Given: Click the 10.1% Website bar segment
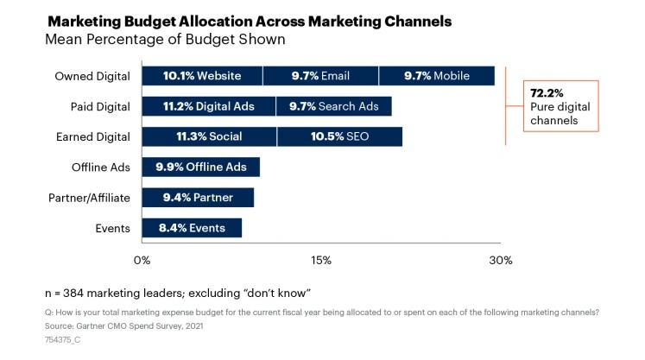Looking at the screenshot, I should (201, 76).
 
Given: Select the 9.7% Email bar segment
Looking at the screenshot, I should (320, 76).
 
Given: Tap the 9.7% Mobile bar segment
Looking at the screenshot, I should (436, 76).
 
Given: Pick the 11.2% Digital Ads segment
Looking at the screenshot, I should (208, 106).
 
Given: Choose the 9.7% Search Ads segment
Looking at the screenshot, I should (333, 106).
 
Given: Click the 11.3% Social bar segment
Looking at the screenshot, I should (209, 136).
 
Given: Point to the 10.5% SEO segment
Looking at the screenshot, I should (339, 136).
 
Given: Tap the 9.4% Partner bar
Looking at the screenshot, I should (197, 198).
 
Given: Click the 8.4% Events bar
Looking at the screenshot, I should (192, 228).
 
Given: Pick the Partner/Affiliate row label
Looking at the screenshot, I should (89, 198).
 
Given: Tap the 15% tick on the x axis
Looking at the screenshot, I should (320, 260).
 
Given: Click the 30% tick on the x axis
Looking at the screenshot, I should (500, 260).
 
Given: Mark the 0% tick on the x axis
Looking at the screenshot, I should (142, 260).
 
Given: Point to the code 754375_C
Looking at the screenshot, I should (62, 340).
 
